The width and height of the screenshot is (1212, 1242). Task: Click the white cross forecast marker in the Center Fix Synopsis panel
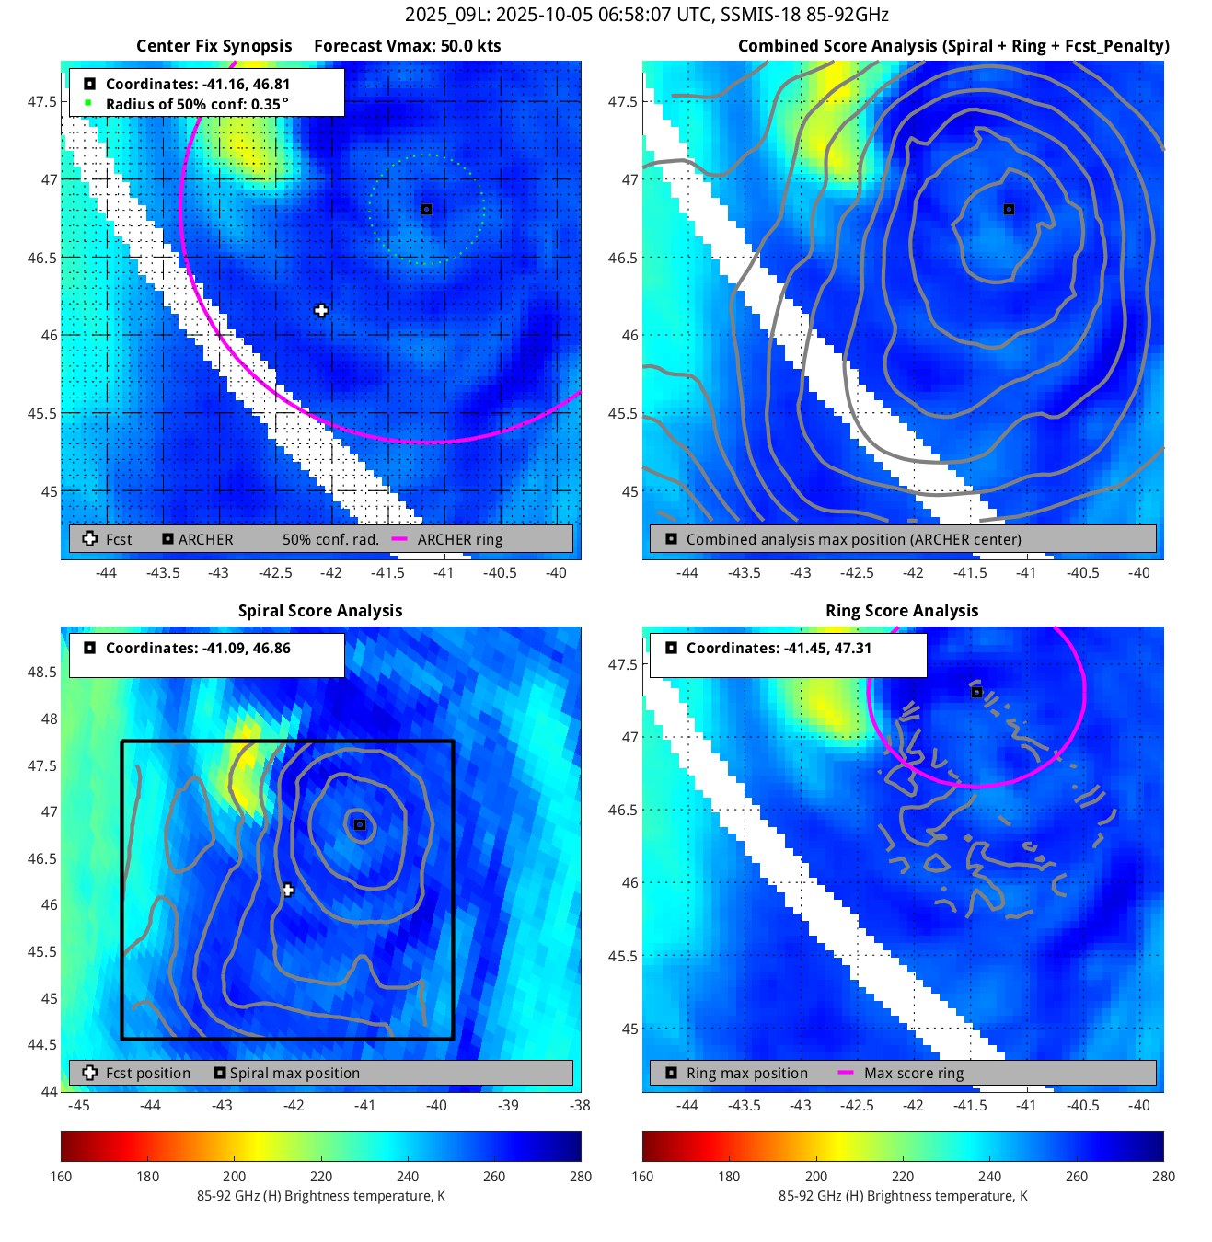(x=320, y=310)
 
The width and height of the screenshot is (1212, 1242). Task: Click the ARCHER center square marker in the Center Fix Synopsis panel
(x=426, y=209)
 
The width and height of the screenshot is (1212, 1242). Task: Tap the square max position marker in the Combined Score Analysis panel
(x=1009, y=209)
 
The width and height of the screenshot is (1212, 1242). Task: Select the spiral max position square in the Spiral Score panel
(x=360, y=824)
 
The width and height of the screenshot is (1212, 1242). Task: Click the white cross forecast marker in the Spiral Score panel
(x=288, y=890)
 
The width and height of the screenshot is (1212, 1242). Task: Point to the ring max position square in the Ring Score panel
(x=976, y=692)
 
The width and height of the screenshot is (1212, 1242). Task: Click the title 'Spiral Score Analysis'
(x=320, y=611)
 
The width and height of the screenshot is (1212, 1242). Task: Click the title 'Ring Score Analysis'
(x=902, y=611)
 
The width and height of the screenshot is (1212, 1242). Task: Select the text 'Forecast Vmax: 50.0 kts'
(x=407, y=46)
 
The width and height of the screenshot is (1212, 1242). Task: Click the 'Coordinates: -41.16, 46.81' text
(x=198, y=84)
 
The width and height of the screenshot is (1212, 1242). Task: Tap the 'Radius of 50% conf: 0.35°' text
(x=197, y=104)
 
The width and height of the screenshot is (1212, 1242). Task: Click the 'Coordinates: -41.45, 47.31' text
(x=779, y=648)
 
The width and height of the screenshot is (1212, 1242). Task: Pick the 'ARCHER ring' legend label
(x=460, y=539)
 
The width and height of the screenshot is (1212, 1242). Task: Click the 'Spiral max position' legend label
(x=294, y=1073)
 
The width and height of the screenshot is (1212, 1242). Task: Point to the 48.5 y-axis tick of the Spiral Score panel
(x=42, y=672)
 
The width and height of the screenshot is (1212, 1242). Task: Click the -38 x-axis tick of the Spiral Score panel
(x=580, y=1105)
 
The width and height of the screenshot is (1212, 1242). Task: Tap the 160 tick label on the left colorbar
(x=62, y=1176)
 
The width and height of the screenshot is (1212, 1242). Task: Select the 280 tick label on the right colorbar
(x=1163, y=1176)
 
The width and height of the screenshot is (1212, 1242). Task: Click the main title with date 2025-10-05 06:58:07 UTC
(x=647, y=15)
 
